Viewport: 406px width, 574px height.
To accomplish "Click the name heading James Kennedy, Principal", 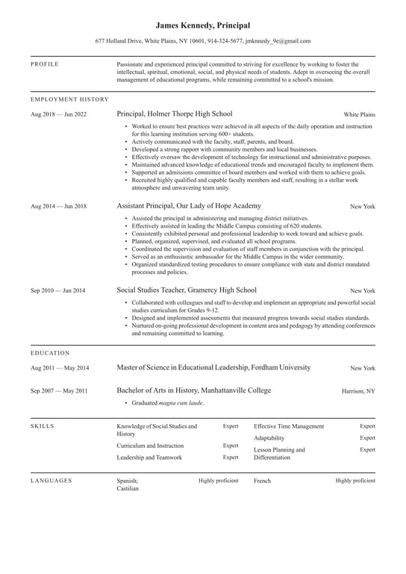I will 203,25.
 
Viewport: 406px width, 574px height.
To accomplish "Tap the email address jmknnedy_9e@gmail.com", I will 280,41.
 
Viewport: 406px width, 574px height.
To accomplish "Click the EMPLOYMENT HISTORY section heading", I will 69,99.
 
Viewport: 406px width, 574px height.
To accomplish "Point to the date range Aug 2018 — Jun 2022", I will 58,114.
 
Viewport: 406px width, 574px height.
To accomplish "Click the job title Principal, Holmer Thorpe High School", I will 175,114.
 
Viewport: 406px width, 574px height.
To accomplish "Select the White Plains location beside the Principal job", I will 359,115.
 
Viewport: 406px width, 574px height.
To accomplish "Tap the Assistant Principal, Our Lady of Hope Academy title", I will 189,205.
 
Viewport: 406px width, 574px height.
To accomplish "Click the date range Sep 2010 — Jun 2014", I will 58,290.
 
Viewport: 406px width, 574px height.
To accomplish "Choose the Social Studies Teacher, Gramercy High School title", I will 187,290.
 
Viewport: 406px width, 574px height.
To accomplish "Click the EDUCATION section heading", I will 50,352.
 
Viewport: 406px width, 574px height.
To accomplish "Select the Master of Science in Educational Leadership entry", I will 213,367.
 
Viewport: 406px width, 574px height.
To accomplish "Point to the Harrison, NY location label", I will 358,391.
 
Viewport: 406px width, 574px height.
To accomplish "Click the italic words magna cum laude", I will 181,403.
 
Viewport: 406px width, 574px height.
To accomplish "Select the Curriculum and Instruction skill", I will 150,446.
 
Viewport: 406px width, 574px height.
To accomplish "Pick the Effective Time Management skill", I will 289,426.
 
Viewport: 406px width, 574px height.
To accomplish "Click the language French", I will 262,481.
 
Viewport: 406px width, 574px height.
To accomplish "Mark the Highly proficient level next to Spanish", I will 218,481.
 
